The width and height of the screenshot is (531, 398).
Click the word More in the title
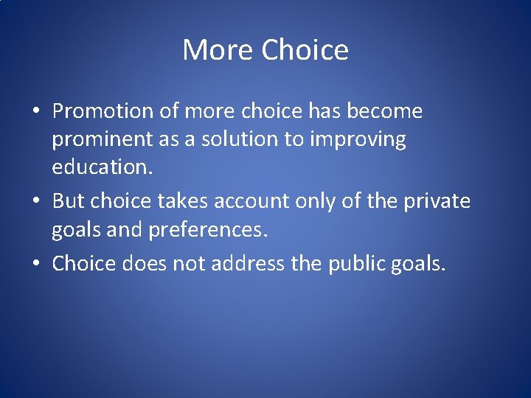pyautogui.click(x=218, y=50)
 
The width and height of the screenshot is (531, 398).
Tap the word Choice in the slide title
pyautogui.click(x=305, y=50)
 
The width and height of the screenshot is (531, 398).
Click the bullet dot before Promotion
pyautogui.click(x=35, y=112)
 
